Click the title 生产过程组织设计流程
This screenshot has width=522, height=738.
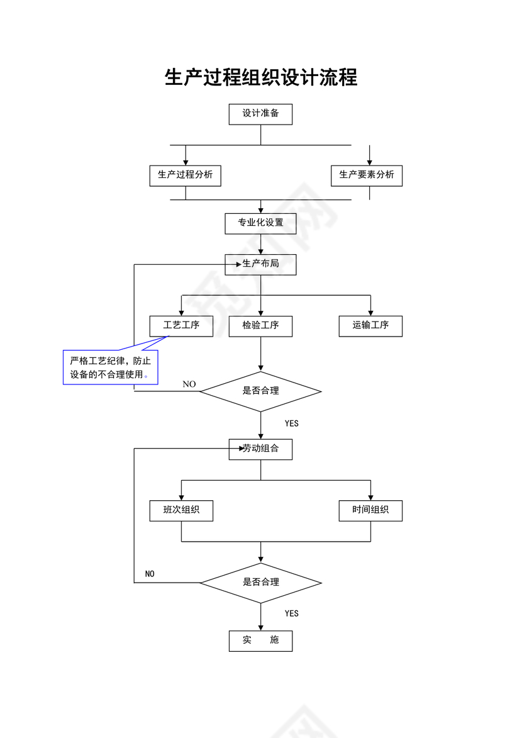click(x=260, y=77)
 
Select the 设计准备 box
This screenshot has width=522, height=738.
click(x=260, y=115)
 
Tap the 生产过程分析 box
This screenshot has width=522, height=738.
click(x=185, y=175)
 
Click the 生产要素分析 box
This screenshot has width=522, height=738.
click(x=367, y=175)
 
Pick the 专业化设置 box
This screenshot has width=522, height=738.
click(x=260, y=223)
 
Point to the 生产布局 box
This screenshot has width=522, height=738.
click(x=260, y=264)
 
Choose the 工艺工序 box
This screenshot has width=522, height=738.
click(x=181, y=325)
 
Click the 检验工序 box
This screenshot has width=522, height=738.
click(x=260, y=325)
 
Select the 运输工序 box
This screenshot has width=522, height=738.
click(x=370, y=325)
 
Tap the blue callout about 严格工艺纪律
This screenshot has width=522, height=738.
click(x=110, y=368)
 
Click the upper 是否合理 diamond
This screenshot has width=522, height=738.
click(x=260, y=391)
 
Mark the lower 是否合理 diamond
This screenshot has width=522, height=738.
click(x=260, y=582)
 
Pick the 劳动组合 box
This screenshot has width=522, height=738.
click(x=260, y=449)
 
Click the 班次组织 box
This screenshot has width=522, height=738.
click(x=181, y=510)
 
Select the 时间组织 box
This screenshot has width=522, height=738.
click(x=370, y=510)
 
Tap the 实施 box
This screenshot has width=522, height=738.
click(x=260, y=640)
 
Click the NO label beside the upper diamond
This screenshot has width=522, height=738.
click(x=189, y=384)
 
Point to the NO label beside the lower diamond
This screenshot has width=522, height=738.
click(x=150, y=574)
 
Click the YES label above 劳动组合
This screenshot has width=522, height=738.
click(x=291, y=423)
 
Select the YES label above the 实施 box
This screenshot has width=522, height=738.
click(x=291, y=613)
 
